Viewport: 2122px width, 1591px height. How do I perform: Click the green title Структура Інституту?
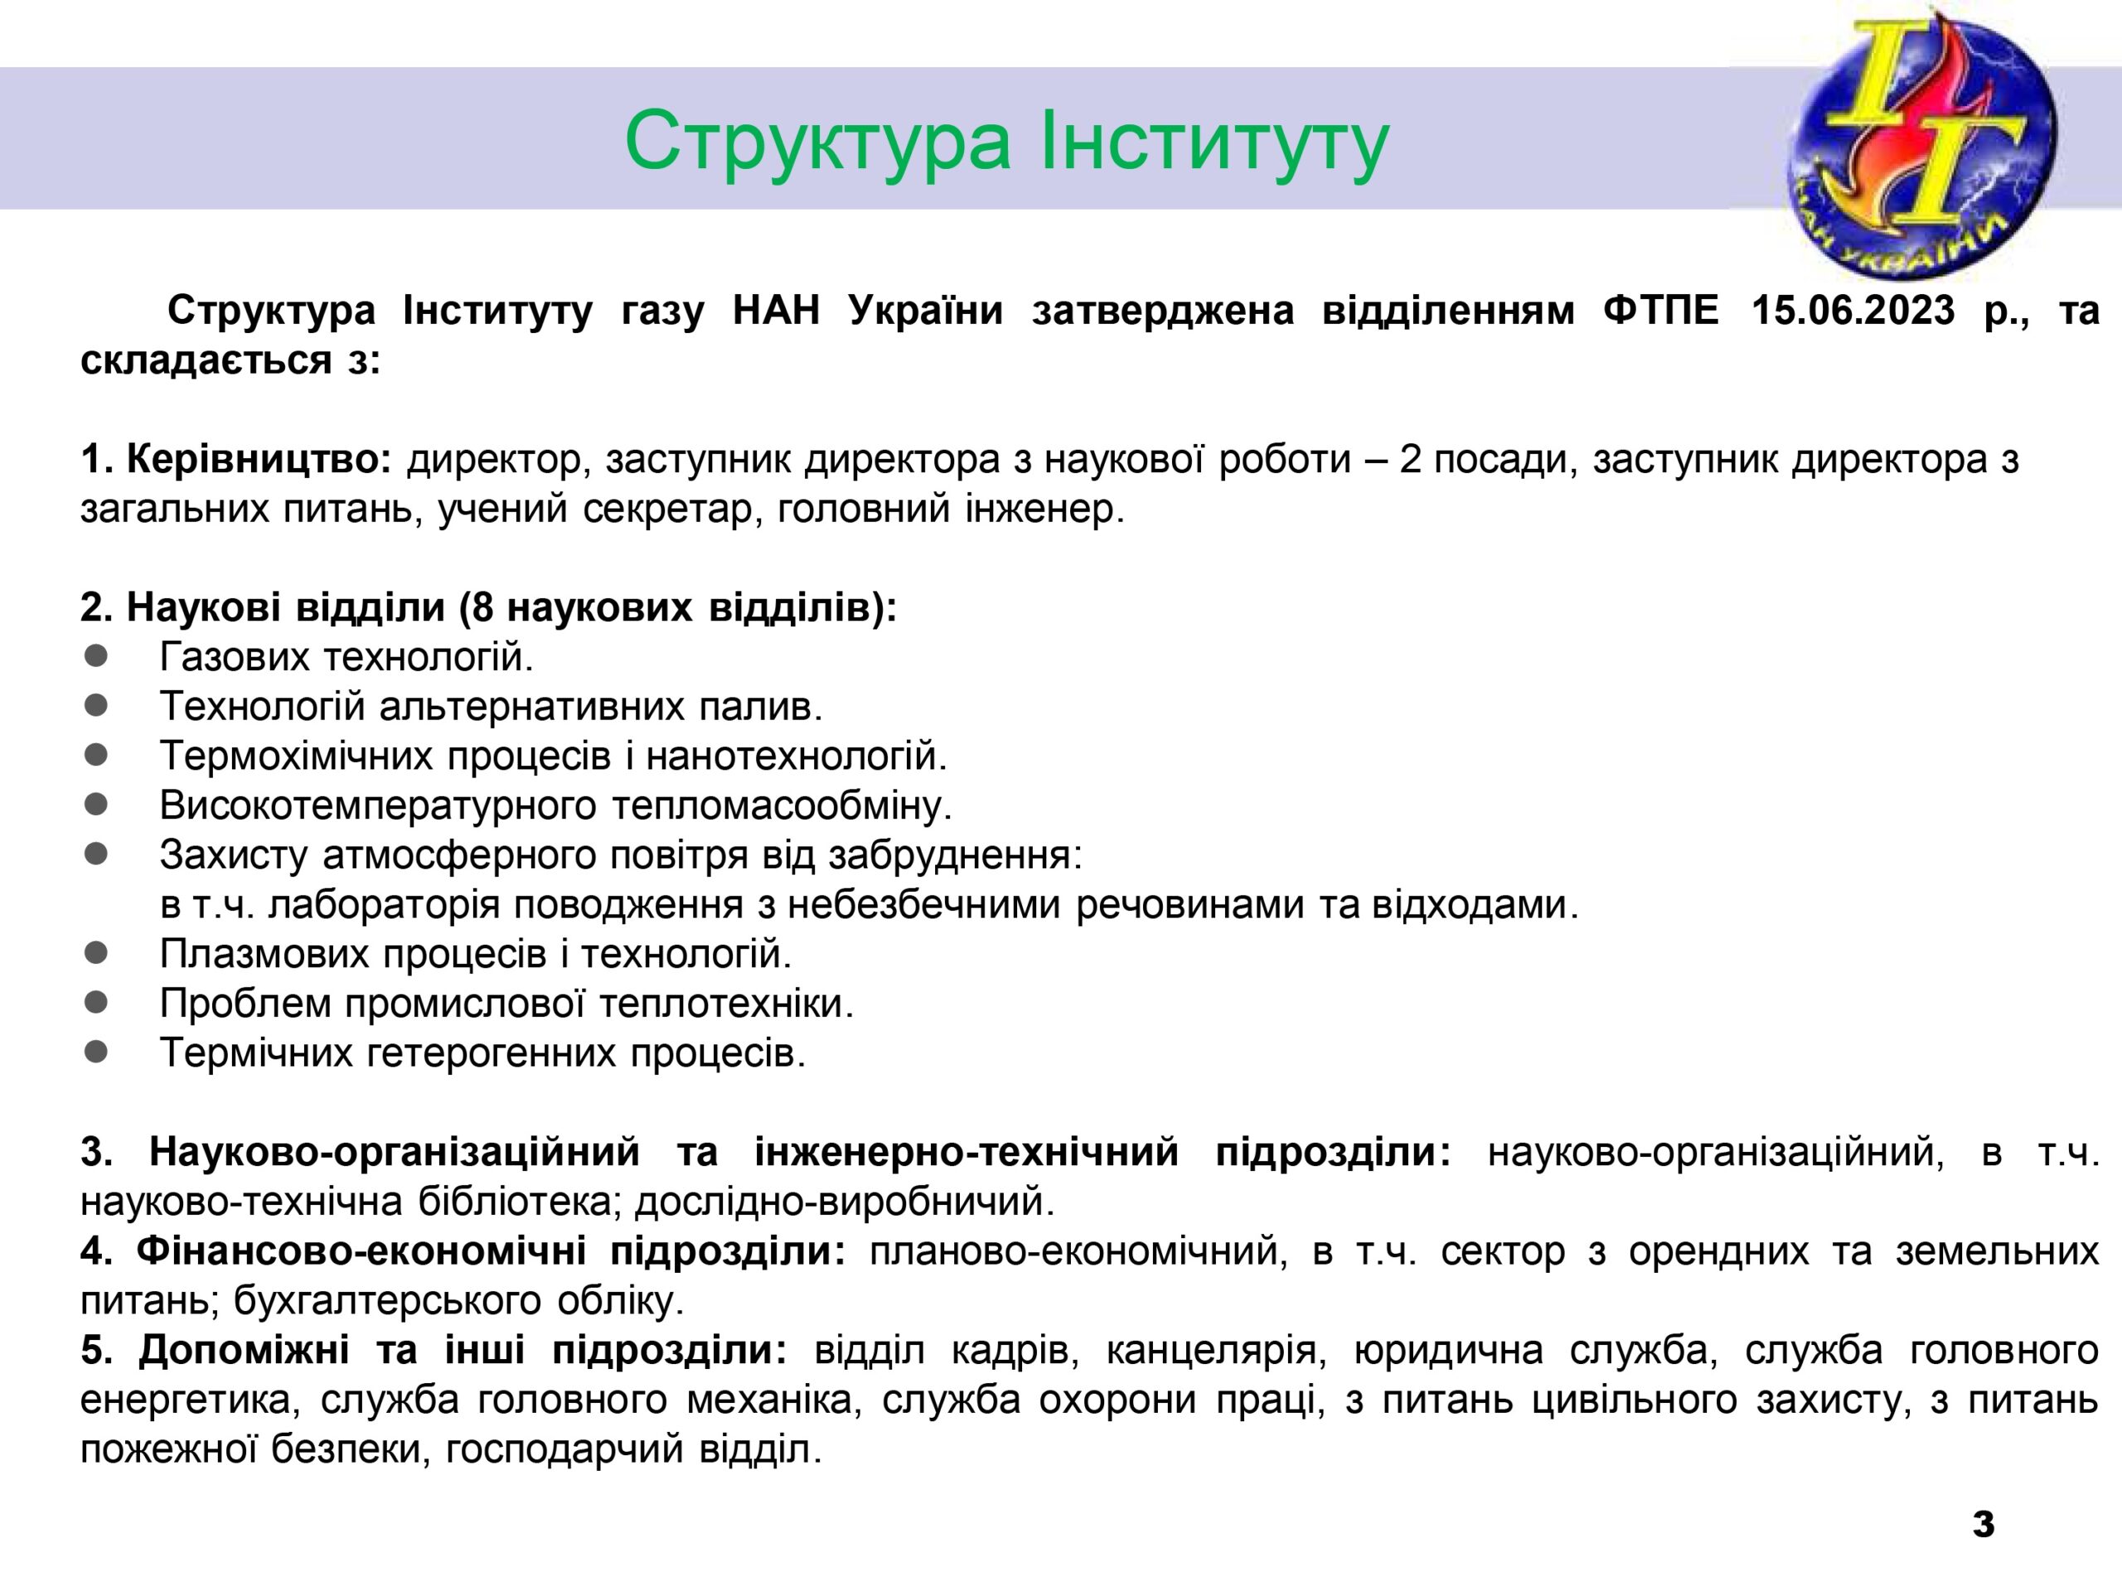coord(1006,142)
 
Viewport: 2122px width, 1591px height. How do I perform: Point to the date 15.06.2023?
coord(1853,311)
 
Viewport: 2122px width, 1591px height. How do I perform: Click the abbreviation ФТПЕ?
coord(1660,311)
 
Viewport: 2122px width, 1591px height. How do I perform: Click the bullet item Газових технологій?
coord(346,657)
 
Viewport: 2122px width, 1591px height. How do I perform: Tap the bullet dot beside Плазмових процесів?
coord(96,952)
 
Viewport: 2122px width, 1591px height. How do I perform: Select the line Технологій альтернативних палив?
coord(492,707)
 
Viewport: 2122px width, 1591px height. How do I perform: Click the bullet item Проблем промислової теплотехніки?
coord(506,1003)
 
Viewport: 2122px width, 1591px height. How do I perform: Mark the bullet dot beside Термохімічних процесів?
coord(96,755)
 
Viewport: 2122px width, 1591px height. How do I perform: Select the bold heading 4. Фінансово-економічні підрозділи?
coord(463,1251)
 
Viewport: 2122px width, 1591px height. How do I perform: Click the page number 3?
coord(1984,1523)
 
